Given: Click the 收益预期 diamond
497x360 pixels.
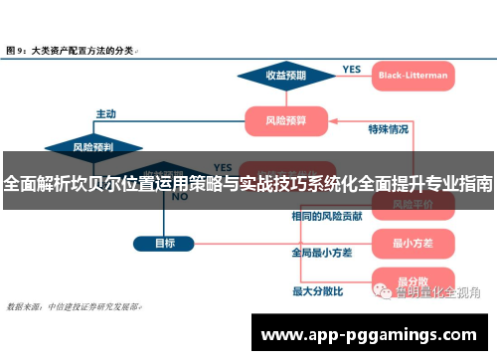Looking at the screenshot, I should [284, 75].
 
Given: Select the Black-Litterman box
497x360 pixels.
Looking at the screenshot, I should [413, 75].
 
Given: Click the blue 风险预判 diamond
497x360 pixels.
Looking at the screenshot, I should [92, 147].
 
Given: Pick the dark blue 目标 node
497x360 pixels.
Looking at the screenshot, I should [165, 242].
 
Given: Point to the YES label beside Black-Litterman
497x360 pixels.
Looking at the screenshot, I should [352, 69].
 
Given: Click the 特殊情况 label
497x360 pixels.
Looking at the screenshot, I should [388, 129].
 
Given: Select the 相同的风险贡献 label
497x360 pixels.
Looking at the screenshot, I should [326, 216].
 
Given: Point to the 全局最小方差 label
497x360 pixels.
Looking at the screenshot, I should [321, 253].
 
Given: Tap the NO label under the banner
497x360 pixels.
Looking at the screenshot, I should [180, 197].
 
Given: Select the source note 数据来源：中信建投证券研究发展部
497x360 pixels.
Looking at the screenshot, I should [75, 307].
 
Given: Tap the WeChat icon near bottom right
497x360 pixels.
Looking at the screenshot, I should [383, 292].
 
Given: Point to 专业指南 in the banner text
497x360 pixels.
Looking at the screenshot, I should [455, 183].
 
